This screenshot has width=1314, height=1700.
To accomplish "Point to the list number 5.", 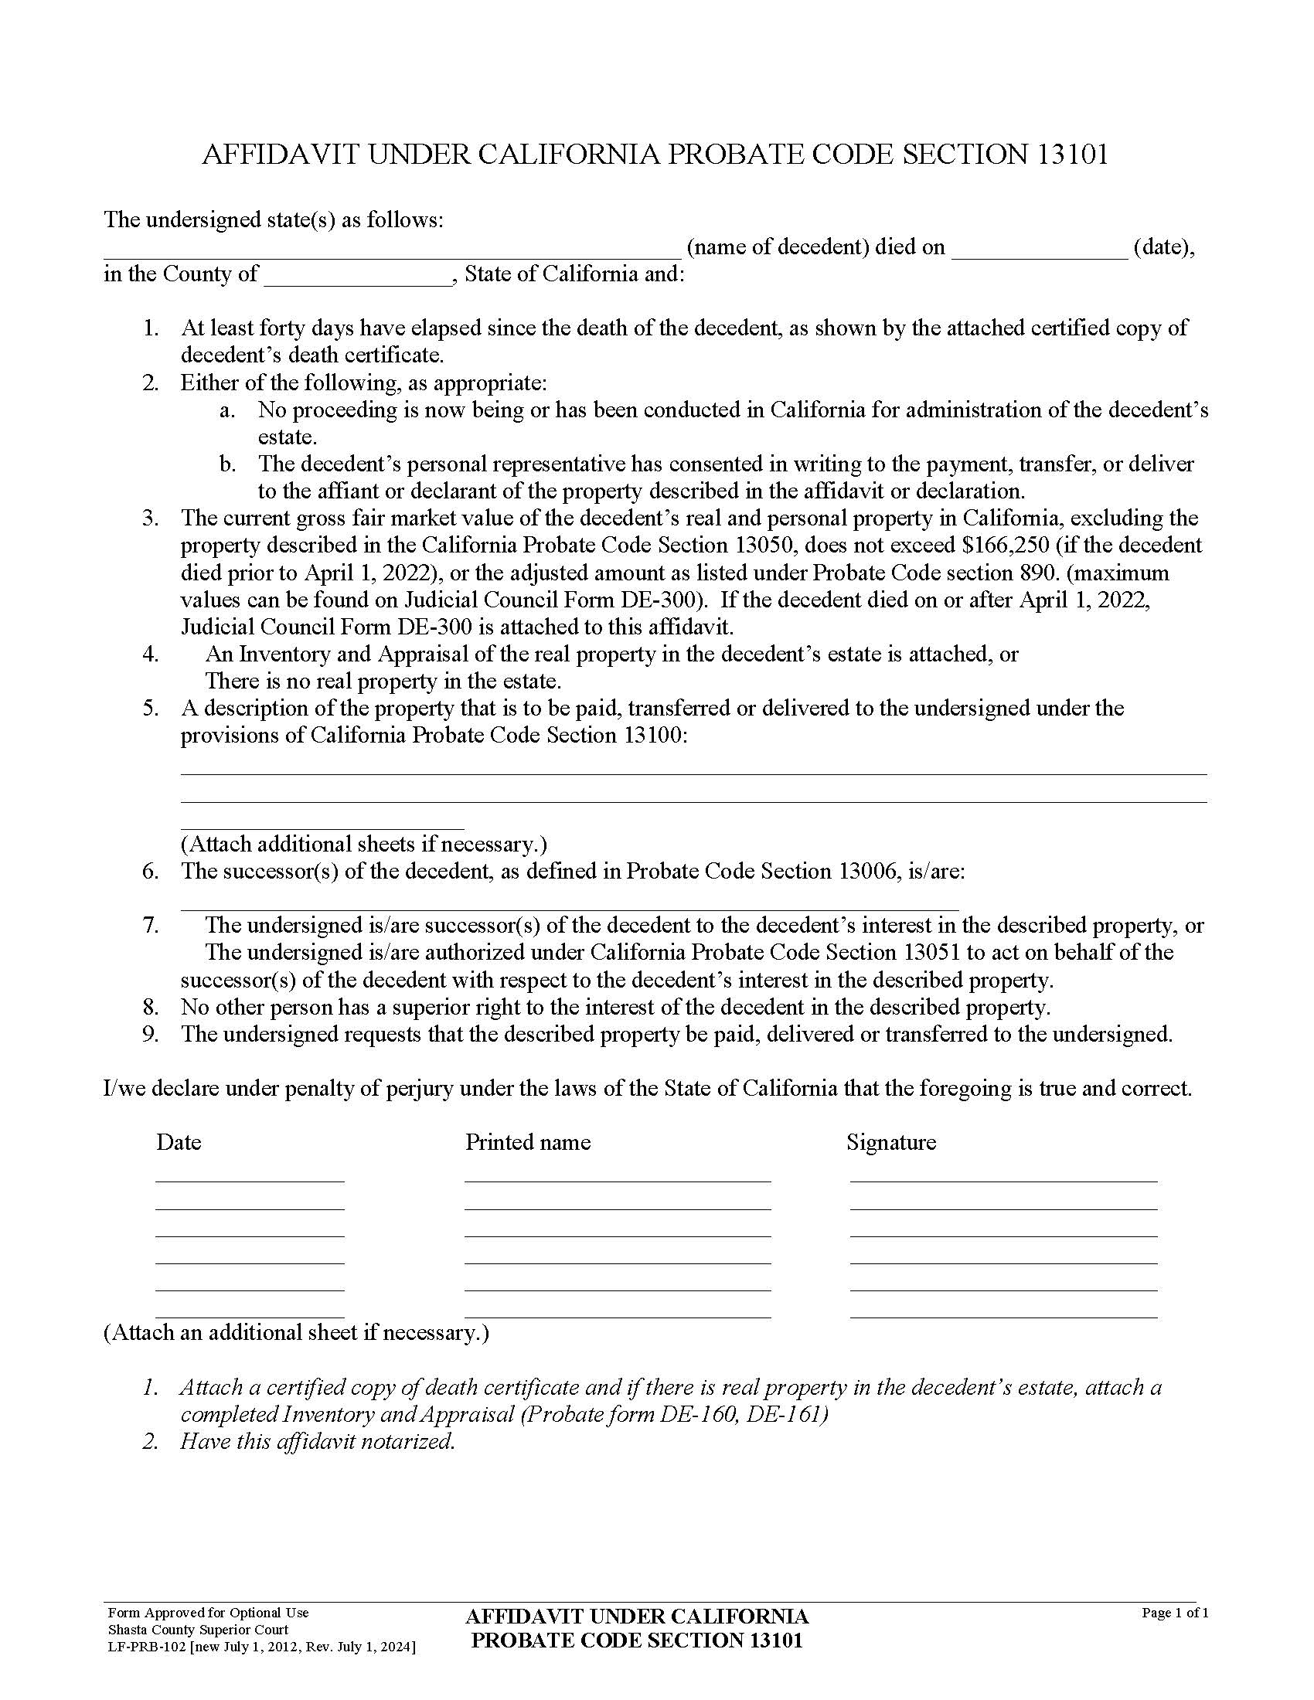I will [x=150, y=709].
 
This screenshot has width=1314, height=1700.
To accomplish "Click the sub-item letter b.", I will [x=227, y=464].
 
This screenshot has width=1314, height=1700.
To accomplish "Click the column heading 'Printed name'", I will [x=528, y=1142].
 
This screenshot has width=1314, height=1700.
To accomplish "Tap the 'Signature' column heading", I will [x=890, y=1142].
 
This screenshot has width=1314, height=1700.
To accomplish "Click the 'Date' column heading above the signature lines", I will [x=179, y=1142].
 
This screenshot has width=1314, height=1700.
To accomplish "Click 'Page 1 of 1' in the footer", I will [x=1174, y=1613].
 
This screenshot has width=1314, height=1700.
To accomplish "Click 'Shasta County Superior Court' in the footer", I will [x=198, y=1630].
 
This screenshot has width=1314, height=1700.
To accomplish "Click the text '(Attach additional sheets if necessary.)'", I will [x=363, y=844].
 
